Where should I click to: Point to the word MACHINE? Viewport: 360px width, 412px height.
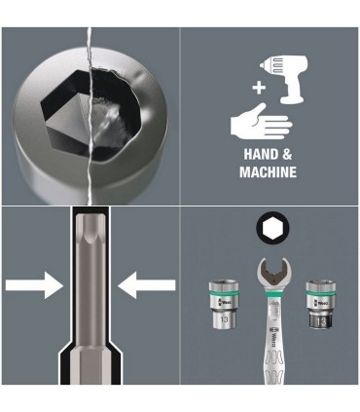pyautogui.click(x=268, y=172)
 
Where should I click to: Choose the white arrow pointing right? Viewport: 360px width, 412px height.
pyautogui.click(x=33, y=285)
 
